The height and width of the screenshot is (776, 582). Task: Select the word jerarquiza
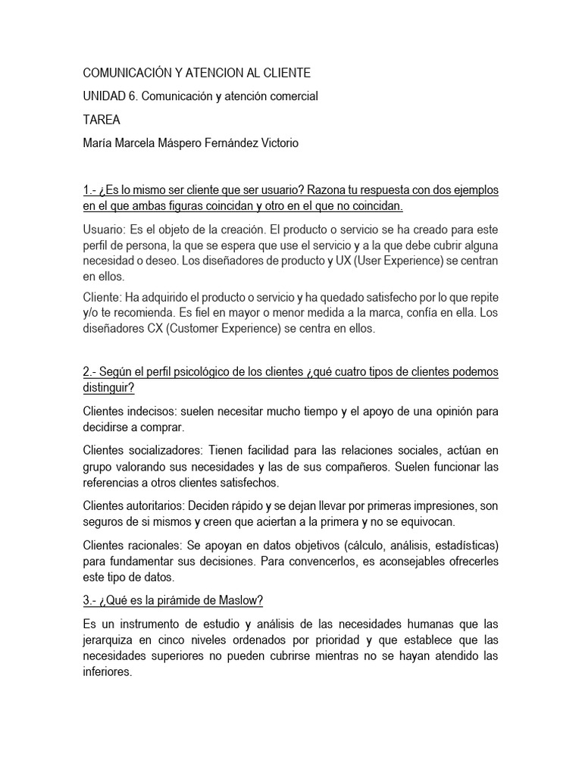coord(108,640)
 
